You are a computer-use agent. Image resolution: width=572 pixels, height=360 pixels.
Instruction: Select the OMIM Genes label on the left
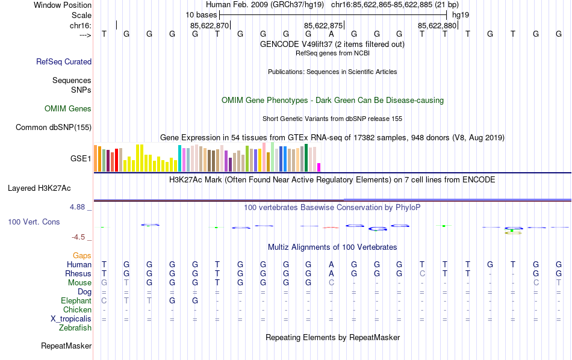coord(68,109)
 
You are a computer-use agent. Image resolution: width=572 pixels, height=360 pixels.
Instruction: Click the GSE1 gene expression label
coord(81,159)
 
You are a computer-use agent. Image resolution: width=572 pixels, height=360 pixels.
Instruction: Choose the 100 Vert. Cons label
coord(34,222)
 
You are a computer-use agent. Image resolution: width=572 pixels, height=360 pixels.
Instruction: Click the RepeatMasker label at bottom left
coord(66,346)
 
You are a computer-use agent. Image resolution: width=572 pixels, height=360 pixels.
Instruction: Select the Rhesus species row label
coord(78,273)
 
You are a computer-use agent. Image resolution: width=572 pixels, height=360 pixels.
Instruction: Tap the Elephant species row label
coord(76,300)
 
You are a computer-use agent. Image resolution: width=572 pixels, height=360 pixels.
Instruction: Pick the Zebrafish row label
coord(75,327)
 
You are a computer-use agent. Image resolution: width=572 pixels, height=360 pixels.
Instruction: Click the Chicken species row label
coord(77,309)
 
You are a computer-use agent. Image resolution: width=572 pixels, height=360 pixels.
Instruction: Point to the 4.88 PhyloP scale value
coord(78,207)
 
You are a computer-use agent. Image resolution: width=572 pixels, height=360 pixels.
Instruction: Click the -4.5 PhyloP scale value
coord(79,237)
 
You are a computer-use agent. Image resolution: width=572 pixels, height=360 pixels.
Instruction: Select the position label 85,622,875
coord(323,25)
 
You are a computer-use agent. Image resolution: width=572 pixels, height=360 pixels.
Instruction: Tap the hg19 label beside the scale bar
coord(461,14)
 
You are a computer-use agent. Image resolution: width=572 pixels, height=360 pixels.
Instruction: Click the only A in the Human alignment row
coord(331,264)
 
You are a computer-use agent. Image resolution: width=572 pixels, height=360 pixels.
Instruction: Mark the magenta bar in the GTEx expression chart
coord(319,167)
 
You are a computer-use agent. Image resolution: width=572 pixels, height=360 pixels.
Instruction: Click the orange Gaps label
coord(82,256)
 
